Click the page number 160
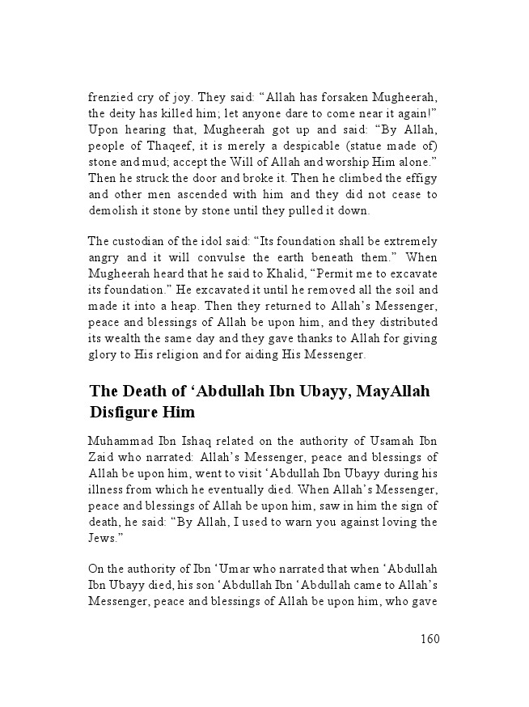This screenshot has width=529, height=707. coord(429,639)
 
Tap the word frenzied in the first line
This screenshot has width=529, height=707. coord(111,96)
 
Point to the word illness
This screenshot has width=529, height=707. coord(106,489)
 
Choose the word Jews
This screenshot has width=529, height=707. coord(104,537)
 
